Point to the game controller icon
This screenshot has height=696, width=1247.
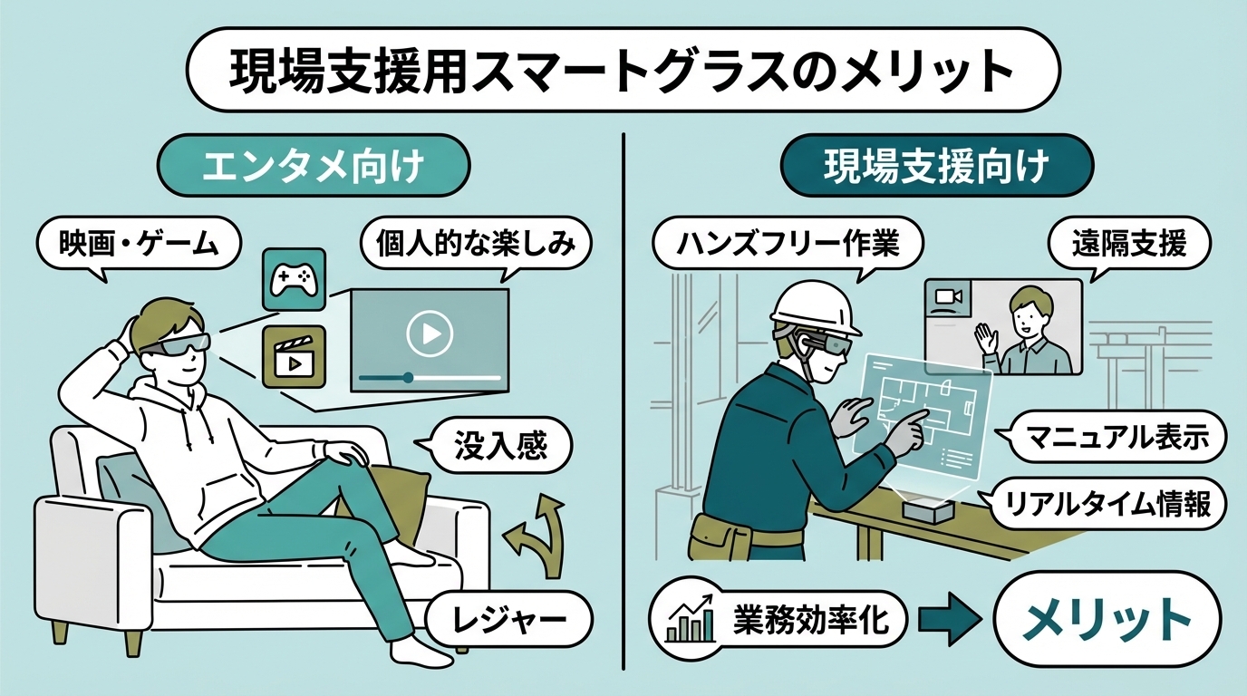point(293,280)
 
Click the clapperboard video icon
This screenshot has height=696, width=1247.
point(293,357)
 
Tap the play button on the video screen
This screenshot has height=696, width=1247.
point(429,335)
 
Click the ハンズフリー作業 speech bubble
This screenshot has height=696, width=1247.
point(788,244)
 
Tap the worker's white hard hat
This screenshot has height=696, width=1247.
point(815,306)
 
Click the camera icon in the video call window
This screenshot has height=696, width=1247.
point(947,296)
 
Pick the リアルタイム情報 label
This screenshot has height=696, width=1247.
point(1112,505)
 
